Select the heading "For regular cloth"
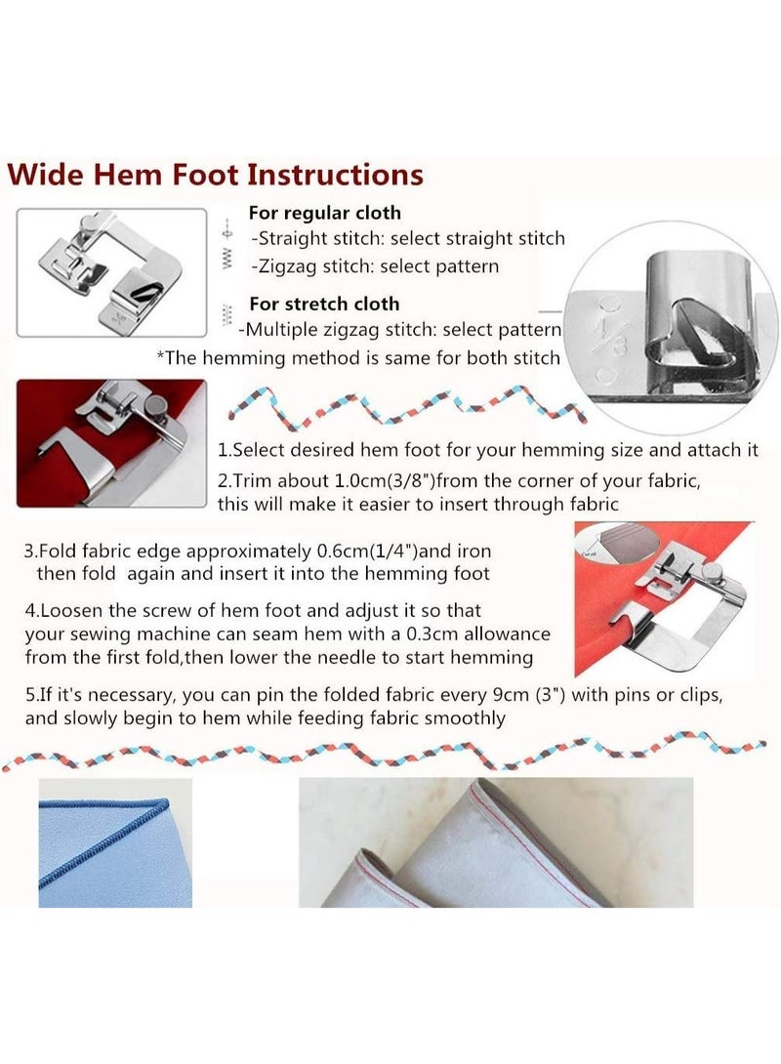324,213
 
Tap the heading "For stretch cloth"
324,304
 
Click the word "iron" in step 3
474,551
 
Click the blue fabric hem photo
115,842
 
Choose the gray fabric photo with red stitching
496,842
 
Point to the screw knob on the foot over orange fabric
714,571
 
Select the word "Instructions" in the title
335,175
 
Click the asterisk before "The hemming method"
160,355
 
